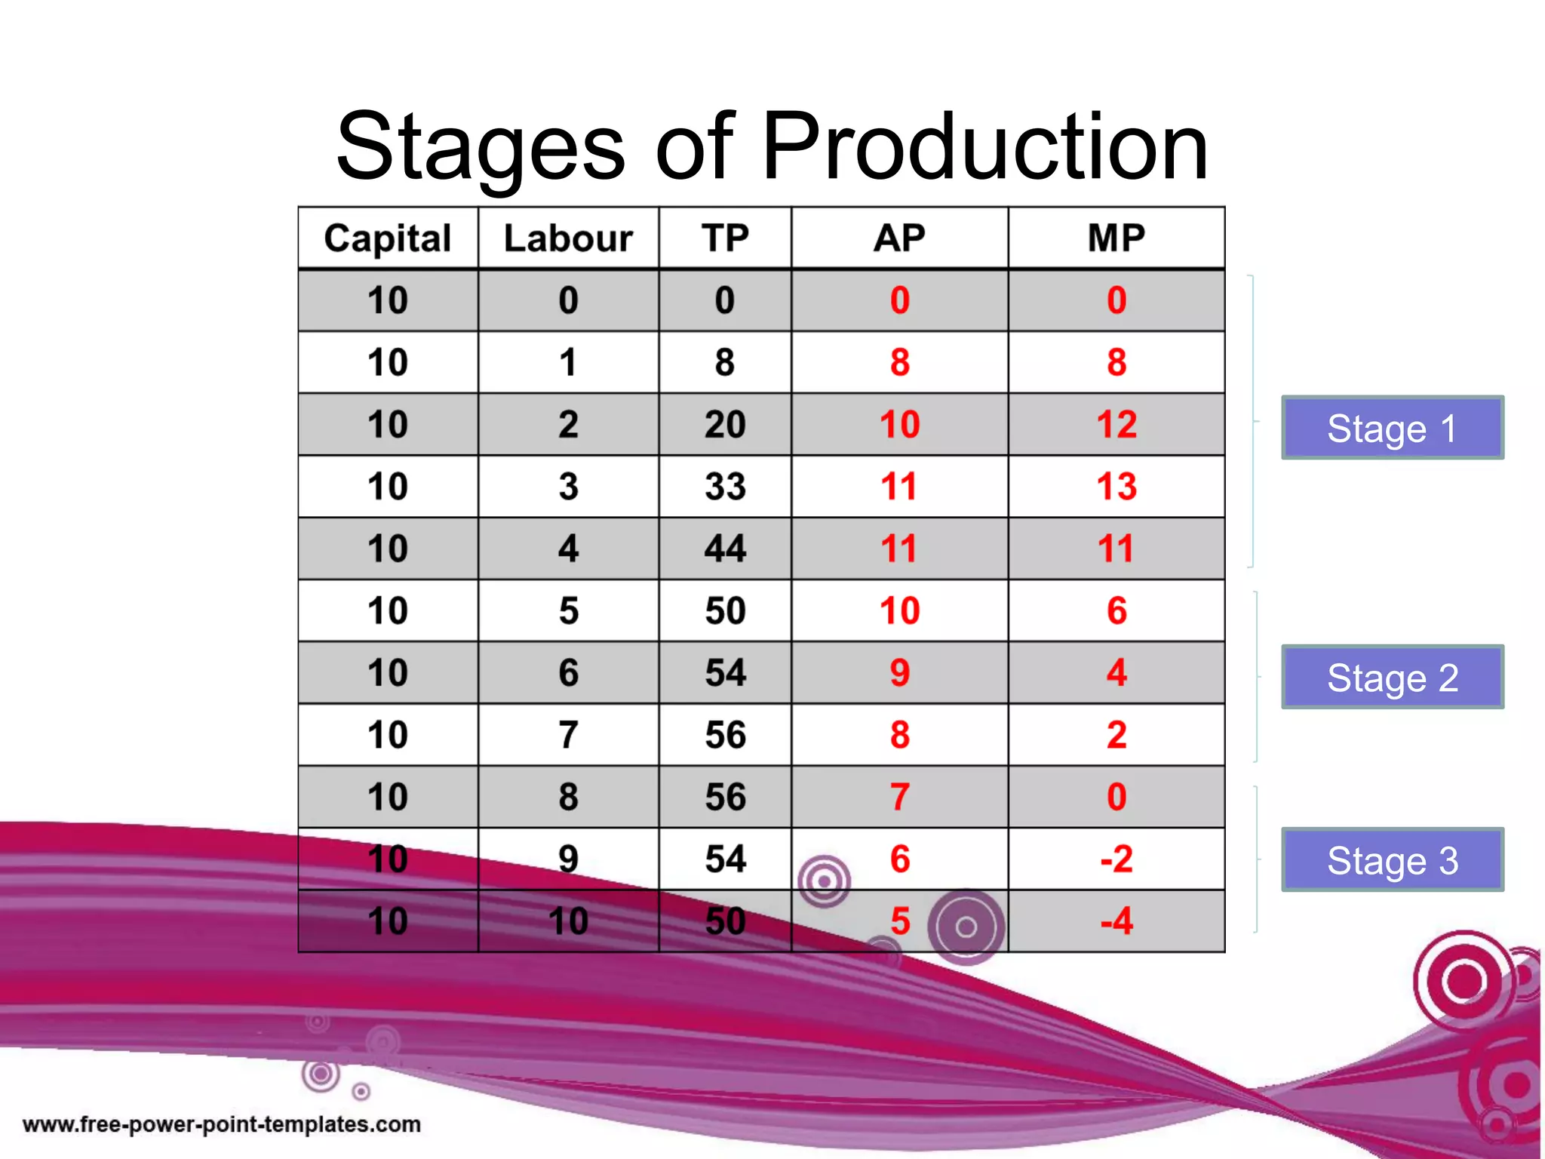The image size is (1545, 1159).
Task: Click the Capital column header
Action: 388,238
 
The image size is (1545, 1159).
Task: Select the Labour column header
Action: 568,238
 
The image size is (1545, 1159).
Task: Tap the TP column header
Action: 725,238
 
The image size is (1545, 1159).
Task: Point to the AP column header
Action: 899,238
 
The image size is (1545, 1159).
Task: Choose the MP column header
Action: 1117,238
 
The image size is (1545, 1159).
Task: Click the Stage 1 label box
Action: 1393,428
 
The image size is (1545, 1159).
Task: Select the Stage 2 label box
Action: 1393,677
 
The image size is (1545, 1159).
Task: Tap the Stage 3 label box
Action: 1393,859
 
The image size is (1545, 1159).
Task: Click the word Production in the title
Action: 984,146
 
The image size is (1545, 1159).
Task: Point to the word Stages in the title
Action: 481,146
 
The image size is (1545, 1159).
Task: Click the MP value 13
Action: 1117,487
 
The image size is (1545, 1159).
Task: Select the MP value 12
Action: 1117,425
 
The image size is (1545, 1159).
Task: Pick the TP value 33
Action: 725,487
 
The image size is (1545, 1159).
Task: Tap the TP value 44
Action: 725,549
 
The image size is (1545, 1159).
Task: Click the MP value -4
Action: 1117,921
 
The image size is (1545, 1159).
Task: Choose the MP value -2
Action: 1117,859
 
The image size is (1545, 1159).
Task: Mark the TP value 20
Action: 725,425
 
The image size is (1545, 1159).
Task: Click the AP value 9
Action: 899,673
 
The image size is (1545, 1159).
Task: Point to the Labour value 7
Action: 568,735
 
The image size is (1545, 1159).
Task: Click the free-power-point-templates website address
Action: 222,1124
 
